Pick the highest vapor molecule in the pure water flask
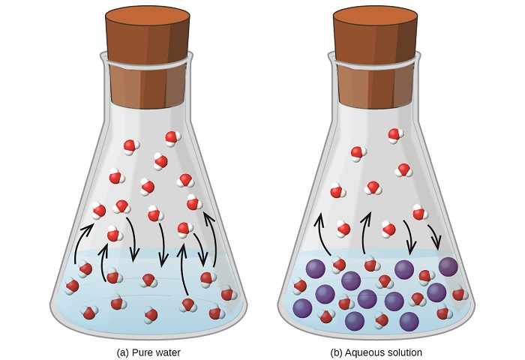(172, 138)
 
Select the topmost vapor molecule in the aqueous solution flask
(396, 135)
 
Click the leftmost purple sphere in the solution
(303, 308)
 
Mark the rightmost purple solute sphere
(448, 266)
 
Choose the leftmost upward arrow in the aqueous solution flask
(322, 235)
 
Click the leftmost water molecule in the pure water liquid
(72, 286)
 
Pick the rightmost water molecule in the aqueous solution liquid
(460, 294)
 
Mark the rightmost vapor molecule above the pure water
(194, 203)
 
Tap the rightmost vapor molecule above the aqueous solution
(420, 213)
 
